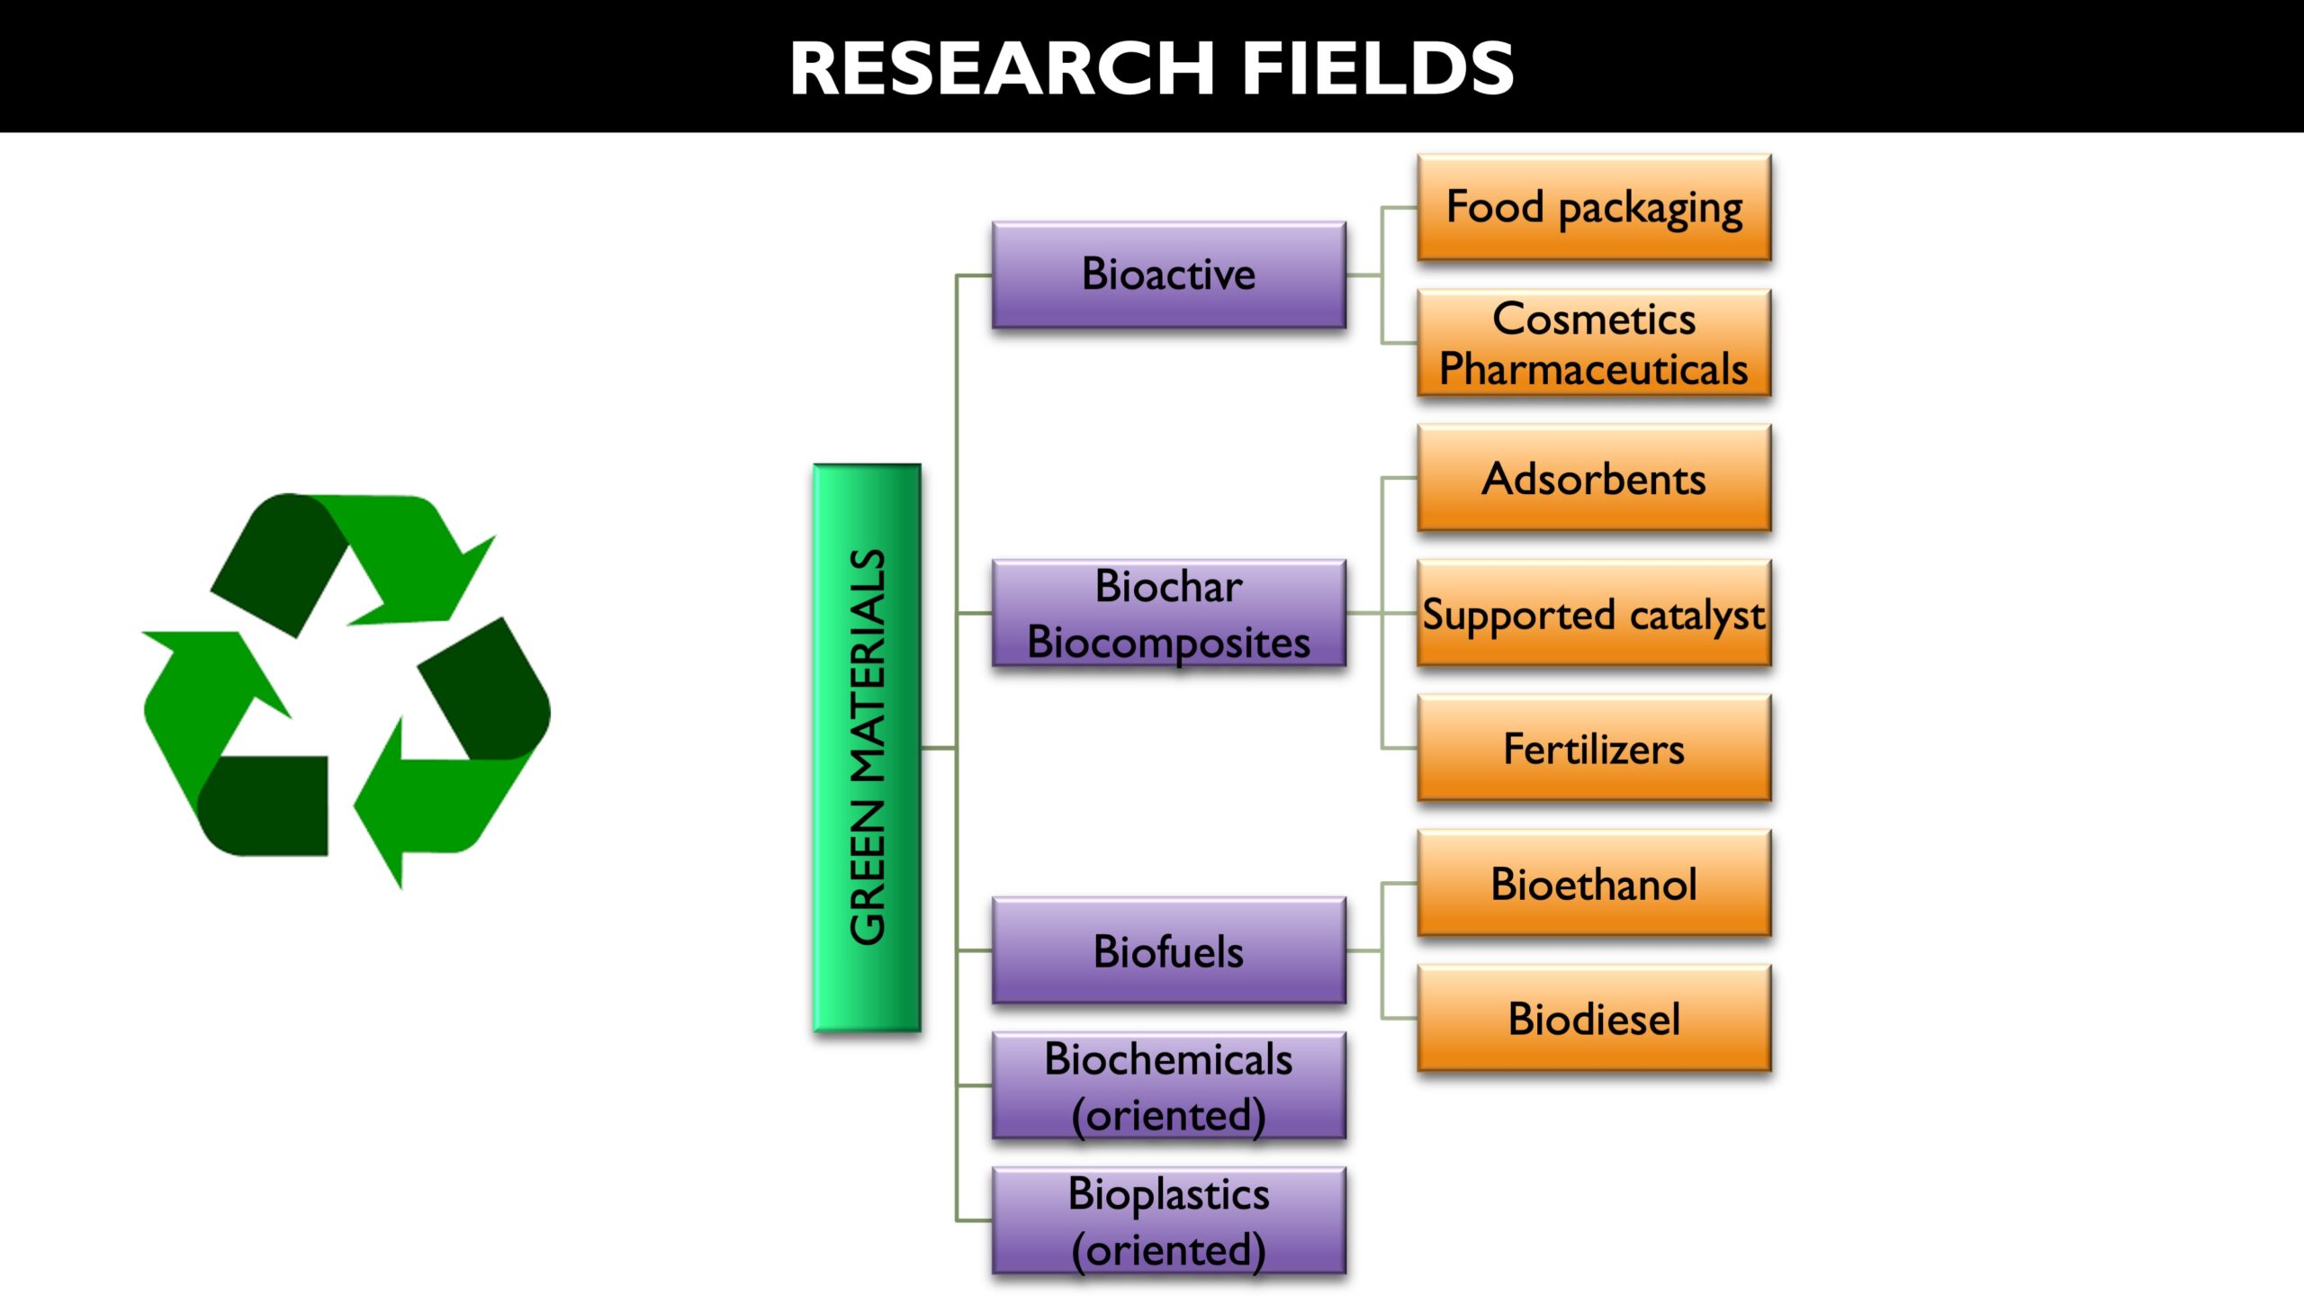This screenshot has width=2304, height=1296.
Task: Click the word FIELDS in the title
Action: coord(1379,68)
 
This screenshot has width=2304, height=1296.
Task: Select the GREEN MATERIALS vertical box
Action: coord(867,747)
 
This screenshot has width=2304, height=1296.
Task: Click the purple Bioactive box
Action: coord(1169,274)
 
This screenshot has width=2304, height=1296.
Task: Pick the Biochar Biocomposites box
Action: coord(1169,613)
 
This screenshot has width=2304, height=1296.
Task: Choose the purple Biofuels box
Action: coord(1169,950)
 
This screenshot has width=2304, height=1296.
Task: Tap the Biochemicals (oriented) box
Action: coord(1169,1085)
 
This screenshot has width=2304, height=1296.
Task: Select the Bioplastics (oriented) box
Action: coord(1169,1220)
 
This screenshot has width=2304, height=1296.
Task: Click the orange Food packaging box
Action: coord(1594,207)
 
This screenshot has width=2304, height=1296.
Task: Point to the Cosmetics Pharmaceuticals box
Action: coord(1594,343)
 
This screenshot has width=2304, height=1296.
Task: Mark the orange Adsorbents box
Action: coord(1594,478)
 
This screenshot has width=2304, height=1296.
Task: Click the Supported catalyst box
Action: coord(1594,613)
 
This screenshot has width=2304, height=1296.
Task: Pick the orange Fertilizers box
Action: coord(1594,748)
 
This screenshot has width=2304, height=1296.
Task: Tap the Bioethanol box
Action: coord(1594,883)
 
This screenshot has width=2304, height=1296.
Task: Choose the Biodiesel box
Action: coord(1594,1018)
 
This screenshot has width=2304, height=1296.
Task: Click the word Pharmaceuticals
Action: coord(1594,369)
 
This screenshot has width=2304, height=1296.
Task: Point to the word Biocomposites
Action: coord(1169,643)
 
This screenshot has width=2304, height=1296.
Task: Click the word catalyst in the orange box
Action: coord(1697,616)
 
